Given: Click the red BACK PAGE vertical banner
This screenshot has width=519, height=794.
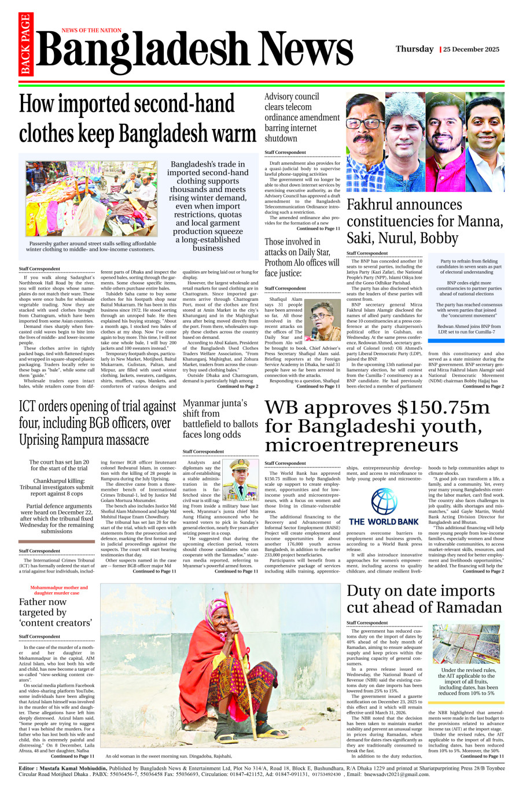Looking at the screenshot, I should [x=25, y=45].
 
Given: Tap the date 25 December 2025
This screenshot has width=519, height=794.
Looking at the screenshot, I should [x=472, y=50].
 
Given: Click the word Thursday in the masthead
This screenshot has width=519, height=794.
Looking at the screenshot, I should [x=414, y=49].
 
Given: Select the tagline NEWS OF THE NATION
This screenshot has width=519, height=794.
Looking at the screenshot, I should [x=91, y=30].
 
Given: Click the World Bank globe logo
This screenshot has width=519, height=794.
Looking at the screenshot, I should [x=384, y=501].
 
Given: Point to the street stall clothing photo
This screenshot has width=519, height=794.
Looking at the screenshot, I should [x=91, y=198].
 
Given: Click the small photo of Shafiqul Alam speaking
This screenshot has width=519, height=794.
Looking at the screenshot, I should [x=322, y=320].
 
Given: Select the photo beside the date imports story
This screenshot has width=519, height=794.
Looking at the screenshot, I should [x=466, y=644].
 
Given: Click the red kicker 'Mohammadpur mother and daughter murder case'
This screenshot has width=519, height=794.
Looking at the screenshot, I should [x=59, y=590].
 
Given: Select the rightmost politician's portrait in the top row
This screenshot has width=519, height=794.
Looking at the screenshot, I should [x=485, y=143].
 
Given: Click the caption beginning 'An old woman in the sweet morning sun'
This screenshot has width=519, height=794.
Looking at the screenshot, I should [x=168, y=756].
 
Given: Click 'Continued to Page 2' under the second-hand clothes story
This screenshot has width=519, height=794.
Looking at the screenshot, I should [x=238, y=386].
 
